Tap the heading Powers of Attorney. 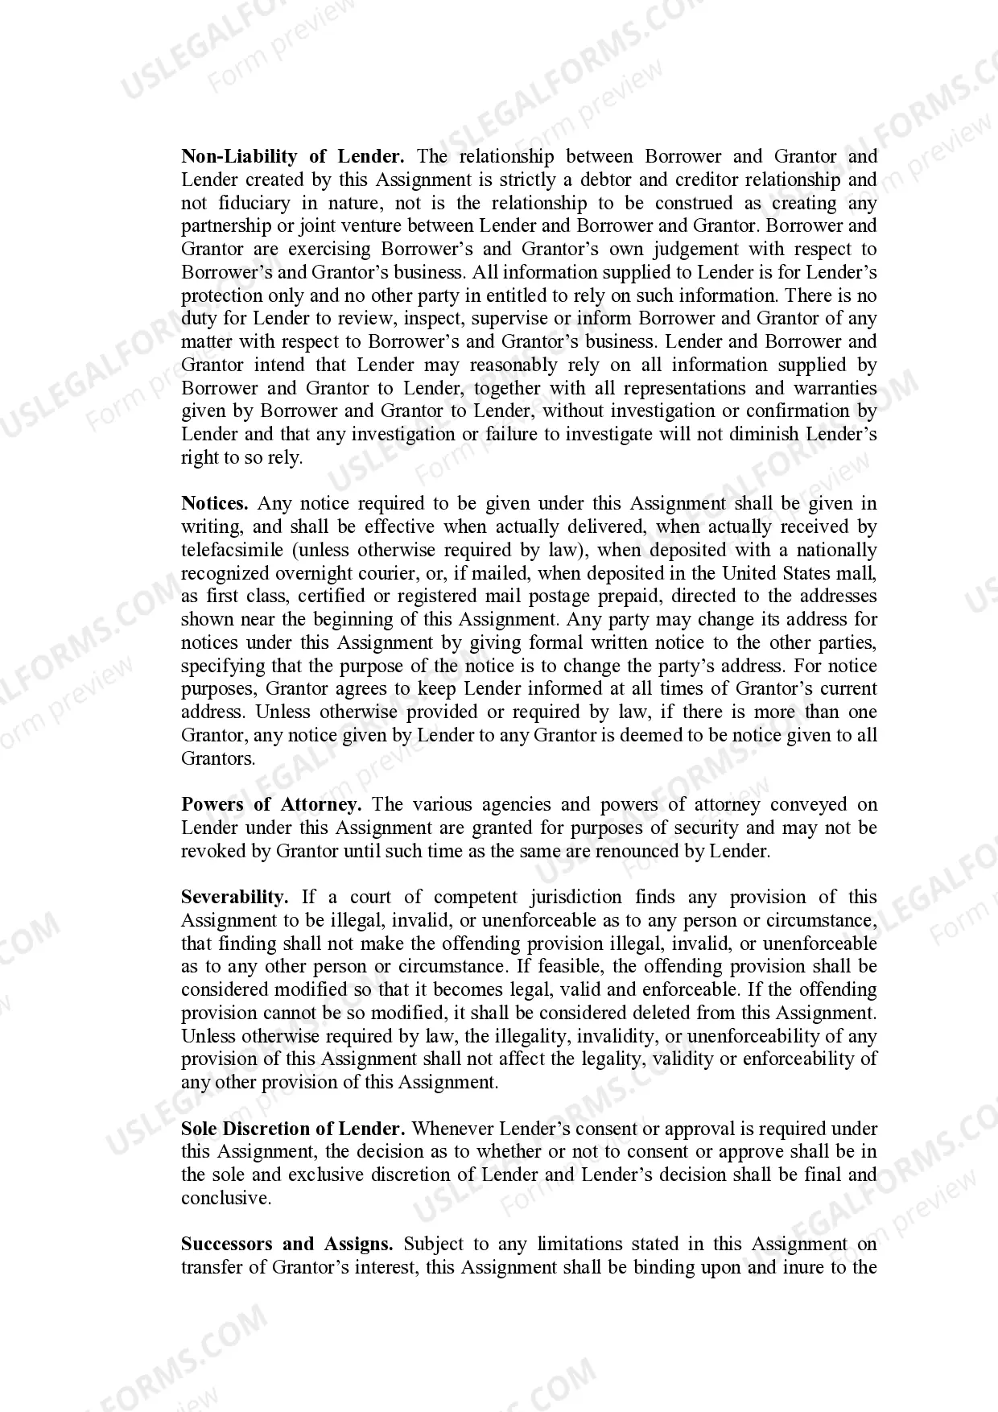pos(271,805)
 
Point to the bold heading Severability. pos(234,898)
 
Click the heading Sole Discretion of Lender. pos(293,1129)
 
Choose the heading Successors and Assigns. pos(287,1245)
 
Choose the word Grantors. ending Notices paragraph pos(218,758)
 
